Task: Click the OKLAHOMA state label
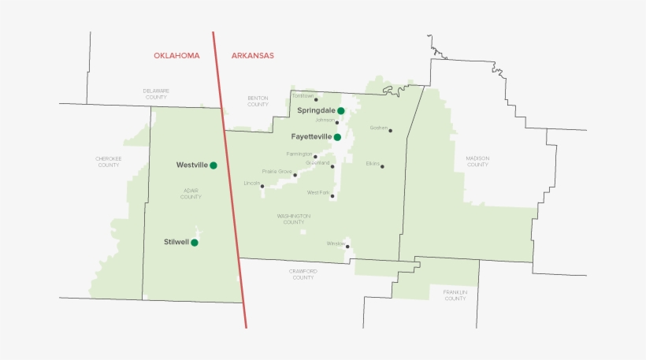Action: tap(176, 56)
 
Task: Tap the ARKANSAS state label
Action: tap(252, 56)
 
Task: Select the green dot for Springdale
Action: tap(341, 111)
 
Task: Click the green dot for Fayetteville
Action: tap(337, 137)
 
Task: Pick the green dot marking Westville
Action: tap(213, 165)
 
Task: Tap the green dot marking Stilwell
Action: tap(195, 243)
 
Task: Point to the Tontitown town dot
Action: tap(316, 100)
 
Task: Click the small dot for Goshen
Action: tap(390, 131)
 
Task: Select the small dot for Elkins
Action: tap(382, 165)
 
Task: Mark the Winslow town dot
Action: tap(347, 247)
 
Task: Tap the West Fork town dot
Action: tap(332, 196)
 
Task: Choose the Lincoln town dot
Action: tap(262, 187)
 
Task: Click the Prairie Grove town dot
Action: tap(295, 175)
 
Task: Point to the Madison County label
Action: tap(477, 161)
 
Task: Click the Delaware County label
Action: tap(156, 94)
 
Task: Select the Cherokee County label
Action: tap(109, 161)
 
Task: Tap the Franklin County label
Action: tap(455, 295)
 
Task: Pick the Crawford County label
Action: tap(303, 274)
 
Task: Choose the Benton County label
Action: tap(258, 102)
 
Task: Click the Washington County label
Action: tap(294, 219)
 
